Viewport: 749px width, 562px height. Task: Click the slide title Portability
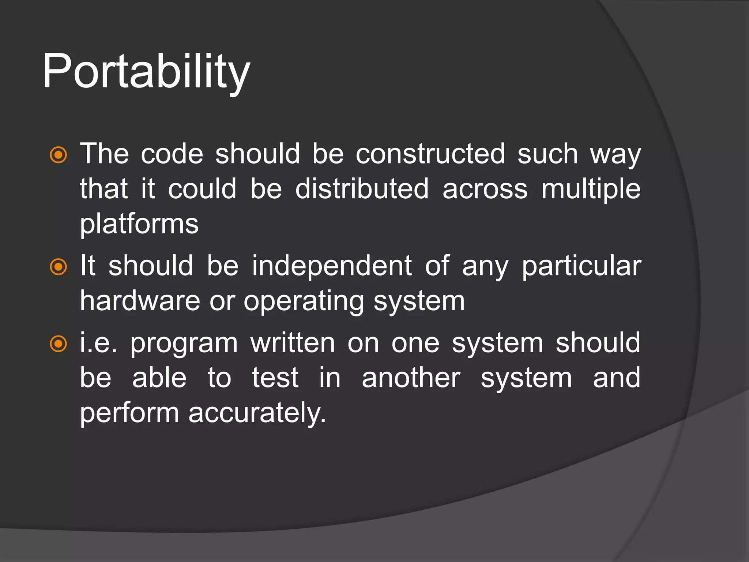point(146,71)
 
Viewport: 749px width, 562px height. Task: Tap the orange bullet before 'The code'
point(59,155)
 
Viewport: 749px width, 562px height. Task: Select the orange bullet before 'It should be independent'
point(59,267)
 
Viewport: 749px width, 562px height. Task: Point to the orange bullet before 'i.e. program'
point(59,344)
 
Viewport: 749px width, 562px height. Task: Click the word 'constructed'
point(430,154)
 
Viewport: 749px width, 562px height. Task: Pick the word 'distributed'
point(362,189)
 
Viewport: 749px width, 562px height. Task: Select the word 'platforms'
point(139,224)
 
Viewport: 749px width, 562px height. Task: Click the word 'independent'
point(332,266)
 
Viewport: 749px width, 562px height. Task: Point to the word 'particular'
point(581,266)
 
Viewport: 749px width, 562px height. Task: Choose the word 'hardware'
point(140,301)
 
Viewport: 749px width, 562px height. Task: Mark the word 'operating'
point(304,301)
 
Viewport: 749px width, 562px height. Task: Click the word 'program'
point(184,344)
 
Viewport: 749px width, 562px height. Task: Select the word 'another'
point(411,378)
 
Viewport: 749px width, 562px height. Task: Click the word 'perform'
point(129,413)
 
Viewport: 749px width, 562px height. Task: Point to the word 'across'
point(485,190)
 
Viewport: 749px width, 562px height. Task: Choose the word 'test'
point(275,378)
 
